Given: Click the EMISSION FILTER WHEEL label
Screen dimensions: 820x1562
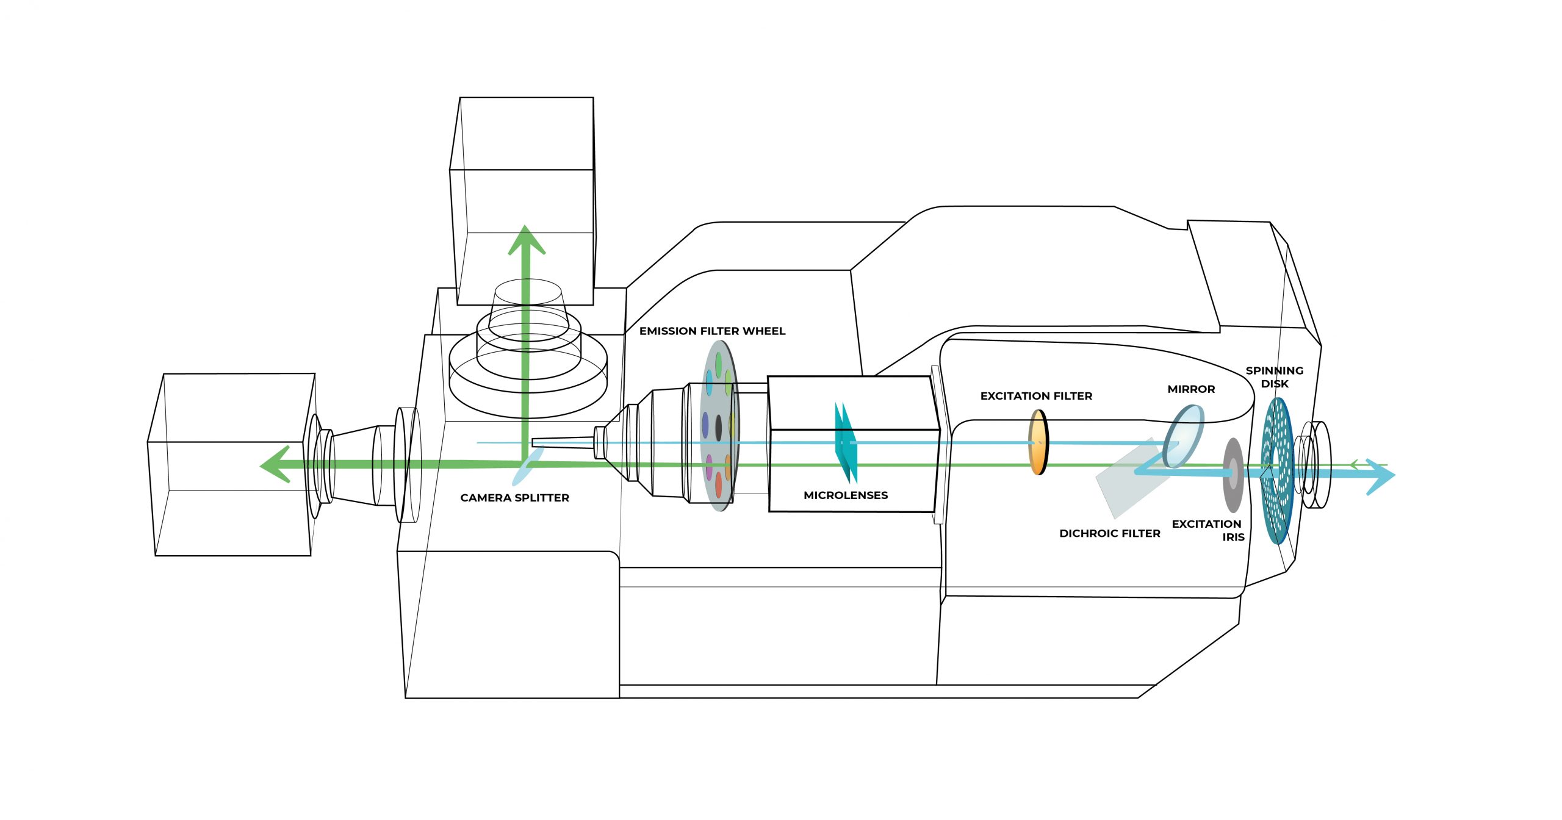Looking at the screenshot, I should point(712,331).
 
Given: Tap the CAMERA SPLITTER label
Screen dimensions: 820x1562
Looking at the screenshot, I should point(514,498).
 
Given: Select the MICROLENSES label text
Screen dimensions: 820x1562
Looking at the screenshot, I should point(845,495).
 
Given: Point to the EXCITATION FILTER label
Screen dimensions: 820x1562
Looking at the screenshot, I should point(1036,396).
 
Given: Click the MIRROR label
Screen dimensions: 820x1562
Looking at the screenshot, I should point(1191,389).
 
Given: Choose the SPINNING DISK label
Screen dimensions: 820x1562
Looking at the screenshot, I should point(1274,377).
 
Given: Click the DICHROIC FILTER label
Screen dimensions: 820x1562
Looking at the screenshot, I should point(1109,533).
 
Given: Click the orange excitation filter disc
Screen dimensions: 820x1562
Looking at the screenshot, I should point(1038,442).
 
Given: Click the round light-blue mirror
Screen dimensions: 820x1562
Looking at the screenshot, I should point(1183,437).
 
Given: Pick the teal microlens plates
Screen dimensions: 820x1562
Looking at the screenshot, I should point(846,443).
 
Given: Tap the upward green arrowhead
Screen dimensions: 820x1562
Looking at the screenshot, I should point(525,240).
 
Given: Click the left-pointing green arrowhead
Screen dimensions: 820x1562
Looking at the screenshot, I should point(276,465).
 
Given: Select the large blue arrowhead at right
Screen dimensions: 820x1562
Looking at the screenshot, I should point(1380,476).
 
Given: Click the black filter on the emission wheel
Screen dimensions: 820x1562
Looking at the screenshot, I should point(718,427).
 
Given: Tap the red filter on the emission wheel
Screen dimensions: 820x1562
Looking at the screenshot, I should point(719,484).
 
